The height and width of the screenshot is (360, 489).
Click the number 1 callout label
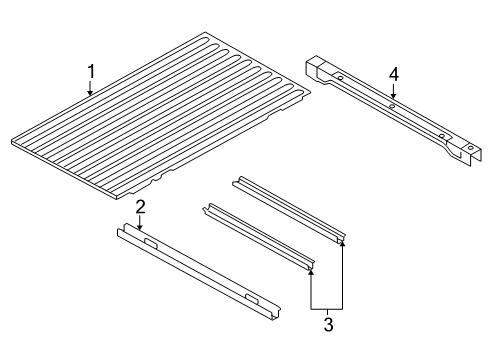(x=91, y=71)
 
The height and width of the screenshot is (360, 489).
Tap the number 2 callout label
(x=141, y=207)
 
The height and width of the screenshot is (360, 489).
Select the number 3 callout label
(x=326, y=322)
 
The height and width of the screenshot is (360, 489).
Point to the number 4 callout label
(x=393, y=74)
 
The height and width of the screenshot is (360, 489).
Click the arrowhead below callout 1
(x=91, y=94)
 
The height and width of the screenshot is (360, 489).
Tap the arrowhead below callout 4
(x=393, y=98)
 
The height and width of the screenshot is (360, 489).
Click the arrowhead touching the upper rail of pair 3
(x=343, y=243)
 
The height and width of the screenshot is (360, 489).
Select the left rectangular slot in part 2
(x=151, y=243)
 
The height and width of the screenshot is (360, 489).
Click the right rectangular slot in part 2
(x=250, y=298)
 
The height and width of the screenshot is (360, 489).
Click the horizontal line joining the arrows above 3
(x=327, y=305)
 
